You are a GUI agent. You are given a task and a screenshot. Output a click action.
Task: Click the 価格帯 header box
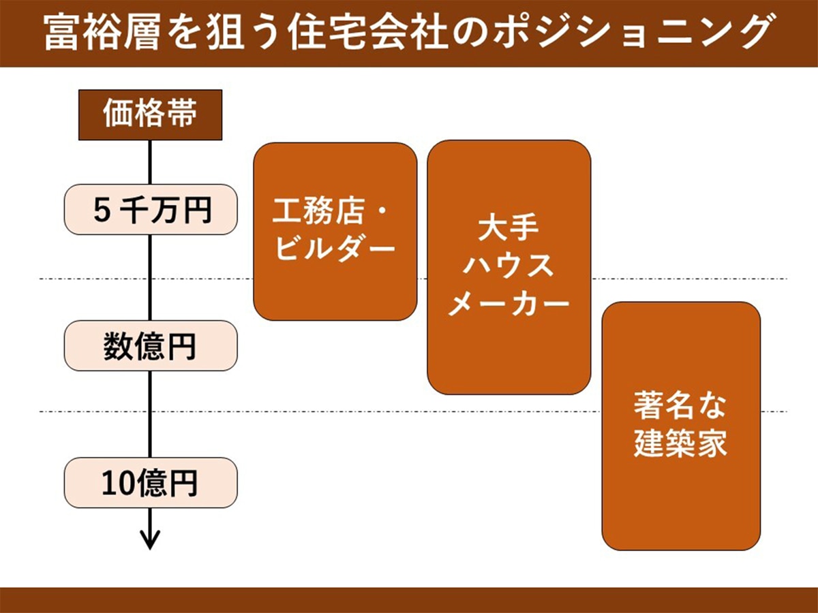[150, 114]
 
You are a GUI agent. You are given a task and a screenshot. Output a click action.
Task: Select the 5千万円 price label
[151, 209]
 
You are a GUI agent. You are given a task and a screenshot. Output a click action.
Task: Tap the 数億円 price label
[151, 345]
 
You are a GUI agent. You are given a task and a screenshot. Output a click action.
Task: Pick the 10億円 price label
[151, 482]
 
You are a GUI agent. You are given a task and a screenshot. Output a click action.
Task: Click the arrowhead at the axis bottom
[150, 539]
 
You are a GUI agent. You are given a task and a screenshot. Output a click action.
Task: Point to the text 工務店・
[330, 210]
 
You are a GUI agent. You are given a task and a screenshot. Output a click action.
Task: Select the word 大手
[509, 227]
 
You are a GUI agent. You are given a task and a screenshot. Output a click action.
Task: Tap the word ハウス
[509, 265]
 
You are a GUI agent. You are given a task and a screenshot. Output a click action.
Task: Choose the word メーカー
[509, 302]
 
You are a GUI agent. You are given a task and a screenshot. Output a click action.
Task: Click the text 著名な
[680, 407]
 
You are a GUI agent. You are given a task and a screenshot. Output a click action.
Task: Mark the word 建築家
[680, 443]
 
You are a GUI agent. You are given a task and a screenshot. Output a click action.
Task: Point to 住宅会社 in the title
[369, 33]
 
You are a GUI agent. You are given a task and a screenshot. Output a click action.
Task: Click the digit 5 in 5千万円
[102, 210]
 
